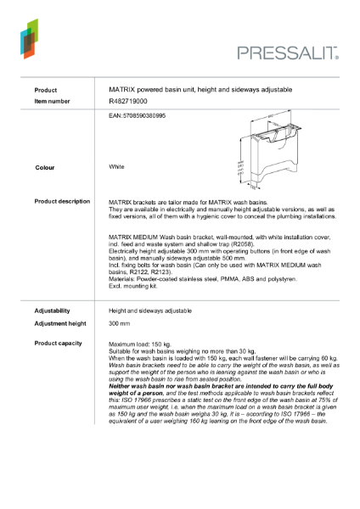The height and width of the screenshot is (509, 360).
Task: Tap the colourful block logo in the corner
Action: coord(29,38)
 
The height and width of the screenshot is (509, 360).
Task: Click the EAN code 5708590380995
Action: coord(138,115)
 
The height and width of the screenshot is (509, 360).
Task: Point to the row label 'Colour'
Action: coord(45,168)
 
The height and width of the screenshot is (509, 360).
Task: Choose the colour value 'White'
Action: coord(117,167)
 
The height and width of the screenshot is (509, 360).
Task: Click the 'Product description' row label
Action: coord(62,201)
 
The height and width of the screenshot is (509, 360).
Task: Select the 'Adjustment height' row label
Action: coord(60,324)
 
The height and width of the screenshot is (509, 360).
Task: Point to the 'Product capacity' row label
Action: coord(59,343)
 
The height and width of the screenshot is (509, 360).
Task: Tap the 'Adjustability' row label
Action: coord(52,310)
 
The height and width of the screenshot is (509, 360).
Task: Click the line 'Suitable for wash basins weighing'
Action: coord(170,354)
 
